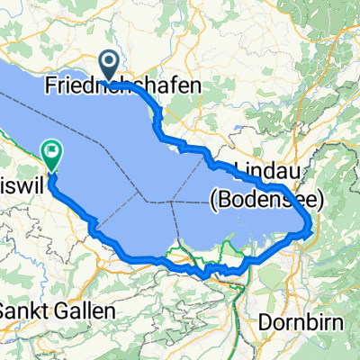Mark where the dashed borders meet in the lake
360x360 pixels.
pos(172,202)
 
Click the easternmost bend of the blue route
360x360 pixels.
pos(312,225)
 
